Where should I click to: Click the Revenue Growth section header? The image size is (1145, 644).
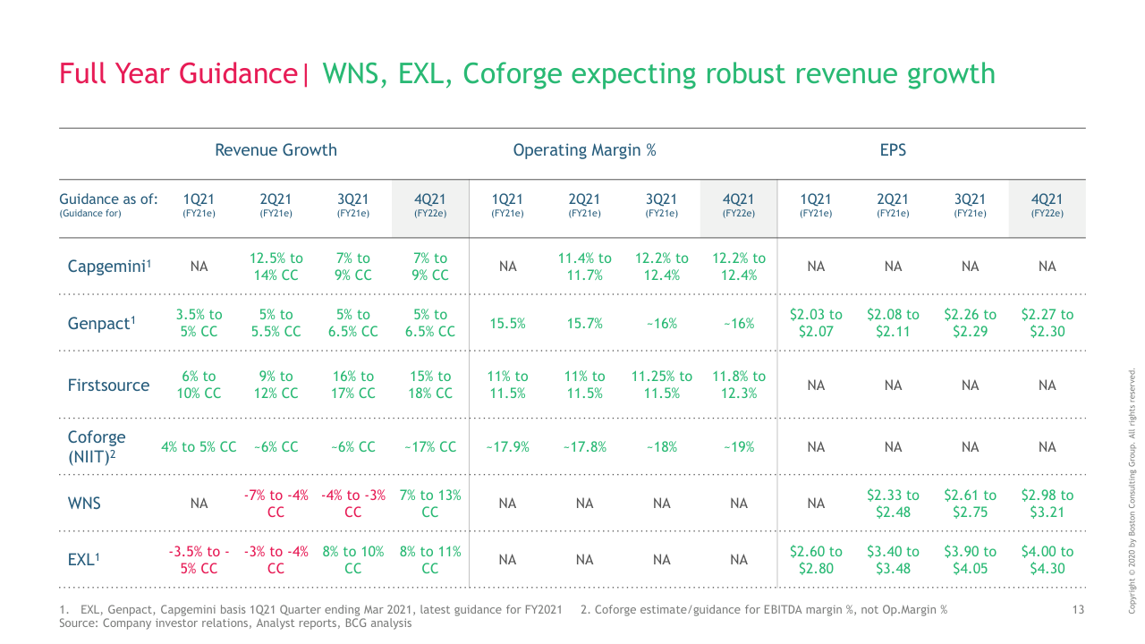276,150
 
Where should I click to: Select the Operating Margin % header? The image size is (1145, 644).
584,150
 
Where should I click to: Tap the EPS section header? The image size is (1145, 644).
893,150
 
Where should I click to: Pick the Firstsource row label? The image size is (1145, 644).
108,386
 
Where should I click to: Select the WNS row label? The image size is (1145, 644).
84,504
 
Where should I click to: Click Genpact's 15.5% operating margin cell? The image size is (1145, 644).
507,324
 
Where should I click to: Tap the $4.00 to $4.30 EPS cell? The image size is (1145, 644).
1047,560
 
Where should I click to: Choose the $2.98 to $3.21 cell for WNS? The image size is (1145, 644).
1047,504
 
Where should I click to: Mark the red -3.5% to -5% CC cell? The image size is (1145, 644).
199,560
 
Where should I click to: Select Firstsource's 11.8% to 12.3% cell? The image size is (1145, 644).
738,386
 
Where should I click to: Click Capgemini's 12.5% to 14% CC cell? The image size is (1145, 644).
276,267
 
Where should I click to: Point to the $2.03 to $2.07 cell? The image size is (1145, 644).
816,324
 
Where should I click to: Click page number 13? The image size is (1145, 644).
1078,610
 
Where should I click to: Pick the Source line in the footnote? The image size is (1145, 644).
235,623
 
